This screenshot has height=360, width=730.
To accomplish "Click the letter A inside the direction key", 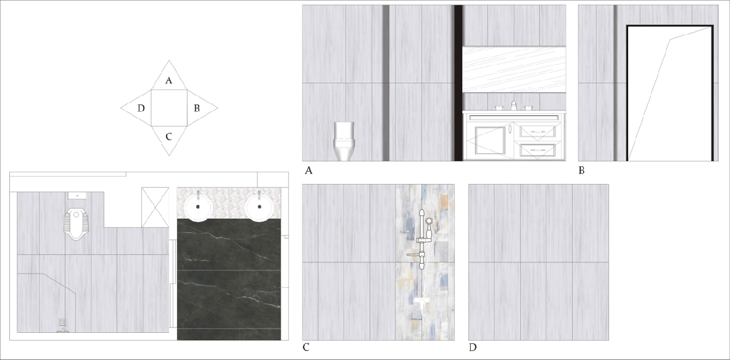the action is click(169, 81).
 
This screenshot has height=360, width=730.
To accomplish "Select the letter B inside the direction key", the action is click(197, 109).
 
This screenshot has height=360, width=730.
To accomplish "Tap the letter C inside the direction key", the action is click(169, 137).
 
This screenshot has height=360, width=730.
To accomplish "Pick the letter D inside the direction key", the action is click(141, 109).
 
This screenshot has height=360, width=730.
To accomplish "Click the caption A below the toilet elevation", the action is click(308, 171).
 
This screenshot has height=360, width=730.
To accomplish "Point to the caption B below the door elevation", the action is click(581, 171).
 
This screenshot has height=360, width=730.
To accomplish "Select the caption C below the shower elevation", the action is click(306, 348).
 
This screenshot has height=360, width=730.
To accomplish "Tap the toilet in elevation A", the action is click(344, 141).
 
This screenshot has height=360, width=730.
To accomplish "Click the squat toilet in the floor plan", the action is click(75, 224).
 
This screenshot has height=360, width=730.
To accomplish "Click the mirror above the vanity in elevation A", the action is click(514, 69).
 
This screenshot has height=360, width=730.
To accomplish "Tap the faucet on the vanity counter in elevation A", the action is click(513, 106).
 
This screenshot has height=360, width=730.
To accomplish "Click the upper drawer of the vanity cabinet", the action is click(537, 132).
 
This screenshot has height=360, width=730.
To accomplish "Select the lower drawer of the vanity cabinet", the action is click(537, 151).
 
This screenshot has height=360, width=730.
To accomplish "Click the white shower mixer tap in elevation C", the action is click(421, 303).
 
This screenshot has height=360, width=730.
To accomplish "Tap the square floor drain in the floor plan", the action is click(62, 323).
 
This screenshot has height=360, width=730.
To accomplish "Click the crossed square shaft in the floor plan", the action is click(155, 207).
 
